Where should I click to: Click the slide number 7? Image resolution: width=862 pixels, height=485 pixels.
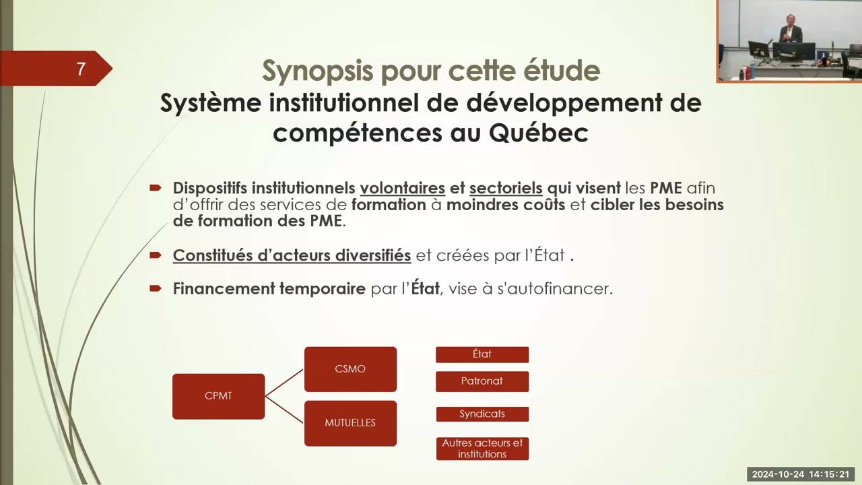point(80,69)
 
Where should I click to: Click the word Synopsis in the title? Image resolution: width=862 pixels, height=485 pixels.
point(317,71)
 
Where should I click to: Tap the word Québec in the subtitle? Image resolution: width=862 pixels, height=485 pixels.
point(539,133)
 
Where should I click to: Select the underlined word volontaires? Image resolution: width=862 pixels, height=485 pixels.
point(403,188)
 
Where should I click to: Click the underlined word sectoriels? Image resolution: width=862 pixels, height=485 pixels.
point(506,188)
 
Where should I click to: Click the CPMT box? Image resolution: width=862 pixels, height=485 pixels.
point(219,396)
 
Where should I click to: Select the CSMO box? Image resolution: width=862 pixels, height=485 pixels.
point(350,369)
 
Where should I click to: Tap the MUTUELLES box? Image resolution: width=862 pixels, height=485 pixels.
point(350,423)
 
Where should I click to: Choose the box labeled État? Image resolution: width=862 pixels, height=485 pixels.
point(482,354)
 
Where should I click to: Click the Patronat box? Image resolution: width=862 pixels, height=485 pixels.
point(482,381)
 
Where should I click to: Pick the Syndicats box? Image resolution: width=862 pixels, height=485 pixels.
point(482,414)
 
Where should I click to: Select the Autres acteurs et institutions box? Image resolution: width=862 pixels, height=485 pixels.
point(482,449)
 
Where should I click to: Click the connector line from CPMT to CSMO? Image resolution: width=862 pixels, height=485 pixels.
point(284,383)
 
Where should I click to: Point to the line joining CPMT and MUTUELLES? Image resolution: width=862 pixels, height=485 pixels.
point(284,410)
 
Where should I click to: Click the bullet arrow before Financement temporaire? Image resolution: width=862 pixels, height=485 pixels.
point(156,288)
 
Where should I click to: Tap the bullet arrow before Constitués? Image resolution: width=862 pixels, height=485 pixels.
point(156,255)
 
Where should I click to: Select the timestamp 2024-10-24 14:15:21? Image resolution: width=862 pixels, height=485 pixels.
point(801,474)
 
